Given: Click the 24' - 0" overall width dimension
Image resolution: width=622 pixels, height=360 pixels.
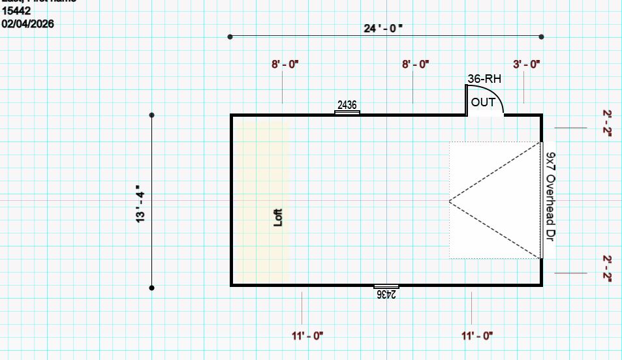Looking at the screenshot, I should [384, 28].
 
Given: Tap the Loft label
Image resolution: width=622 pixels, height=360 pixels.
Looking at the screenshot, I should [278, 217].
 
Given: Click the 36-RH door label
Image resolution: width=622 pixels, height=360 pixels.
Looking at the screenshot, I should [484, 79].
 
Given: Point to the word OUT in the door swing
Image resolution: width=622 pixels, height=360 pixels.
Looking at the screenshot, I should [483, 102].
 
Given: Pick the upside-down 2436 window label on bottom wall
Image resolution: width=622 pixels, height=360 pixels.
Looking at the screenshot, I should [386, 293].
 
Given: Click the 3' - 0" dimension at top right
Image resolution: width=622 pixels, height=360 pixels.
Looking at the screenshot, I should [527, 64].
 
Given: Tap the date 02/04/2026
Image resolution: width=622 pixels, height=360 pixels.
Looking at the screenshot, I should [28, 23].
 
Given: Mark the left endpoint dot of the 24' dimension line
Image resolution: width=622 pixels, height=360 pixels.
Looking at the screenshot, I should [230, 37].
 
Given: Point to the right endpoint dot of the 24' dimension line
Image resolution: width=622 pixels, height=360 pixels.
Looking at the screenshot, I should [542, 37].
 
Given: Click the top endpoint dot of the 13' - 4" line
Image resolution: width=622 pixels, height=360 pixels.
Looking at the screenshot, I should [152, 115].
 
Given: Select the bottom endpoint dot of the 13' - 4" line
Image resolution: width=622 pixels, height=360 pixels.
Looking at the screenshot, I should [152, 287].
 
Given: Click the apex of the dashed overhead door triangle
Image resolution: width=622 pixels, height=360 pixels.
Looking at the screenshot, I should [449, 200].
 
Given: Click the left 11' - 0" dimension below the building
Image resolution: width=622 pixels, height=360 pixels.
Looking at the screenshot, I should [308, 336].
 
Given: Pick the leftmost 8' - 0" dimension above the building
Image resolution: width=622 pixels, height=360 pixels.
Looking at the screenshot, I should [285, 64].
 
